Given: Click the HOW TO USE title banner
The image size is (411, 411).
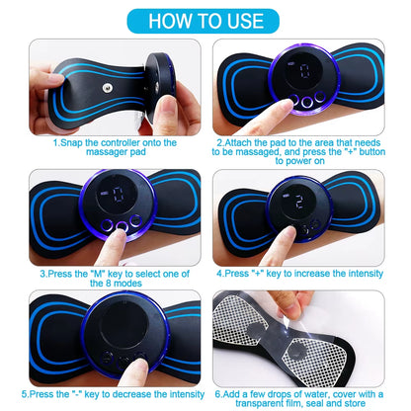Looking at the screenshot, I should pyautogui.click(x=205, y=20).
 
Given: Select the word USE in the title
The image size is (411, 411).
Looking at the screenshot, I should pyautogui.click(x=244, y=20).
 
